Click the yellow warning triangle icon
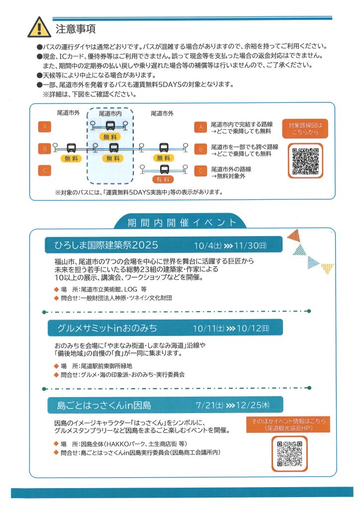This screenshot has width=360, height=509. click(x=39, y=27)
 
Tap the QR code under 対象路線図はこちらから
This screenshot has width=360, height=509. click(x=305, y=161)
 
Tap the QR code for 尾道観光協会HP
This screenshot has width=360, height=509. click(x=289, y=453)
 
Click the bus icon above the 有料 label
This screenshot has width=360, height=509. click(x=163, y=168)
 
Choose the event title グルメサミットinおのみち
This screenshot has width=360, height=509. click(x=107, y=328)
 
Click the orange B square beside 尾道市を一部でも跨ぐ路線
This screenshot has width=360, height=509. click(x=201, y=149)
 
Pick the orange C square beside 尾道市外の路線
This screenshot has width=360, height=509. click(x=201, y=170)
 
